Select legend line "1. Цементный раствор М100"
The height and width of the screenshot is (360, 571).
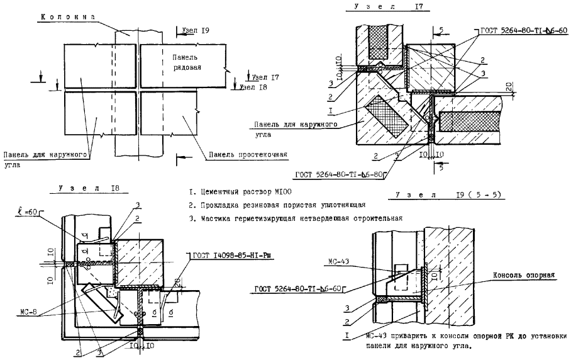point(240,191)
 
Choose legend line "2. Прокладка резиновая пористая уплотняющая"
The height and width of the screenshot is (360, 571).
point(277,205)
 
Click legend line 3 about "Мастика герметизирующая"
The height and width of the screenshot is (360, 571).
point(295,218)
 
